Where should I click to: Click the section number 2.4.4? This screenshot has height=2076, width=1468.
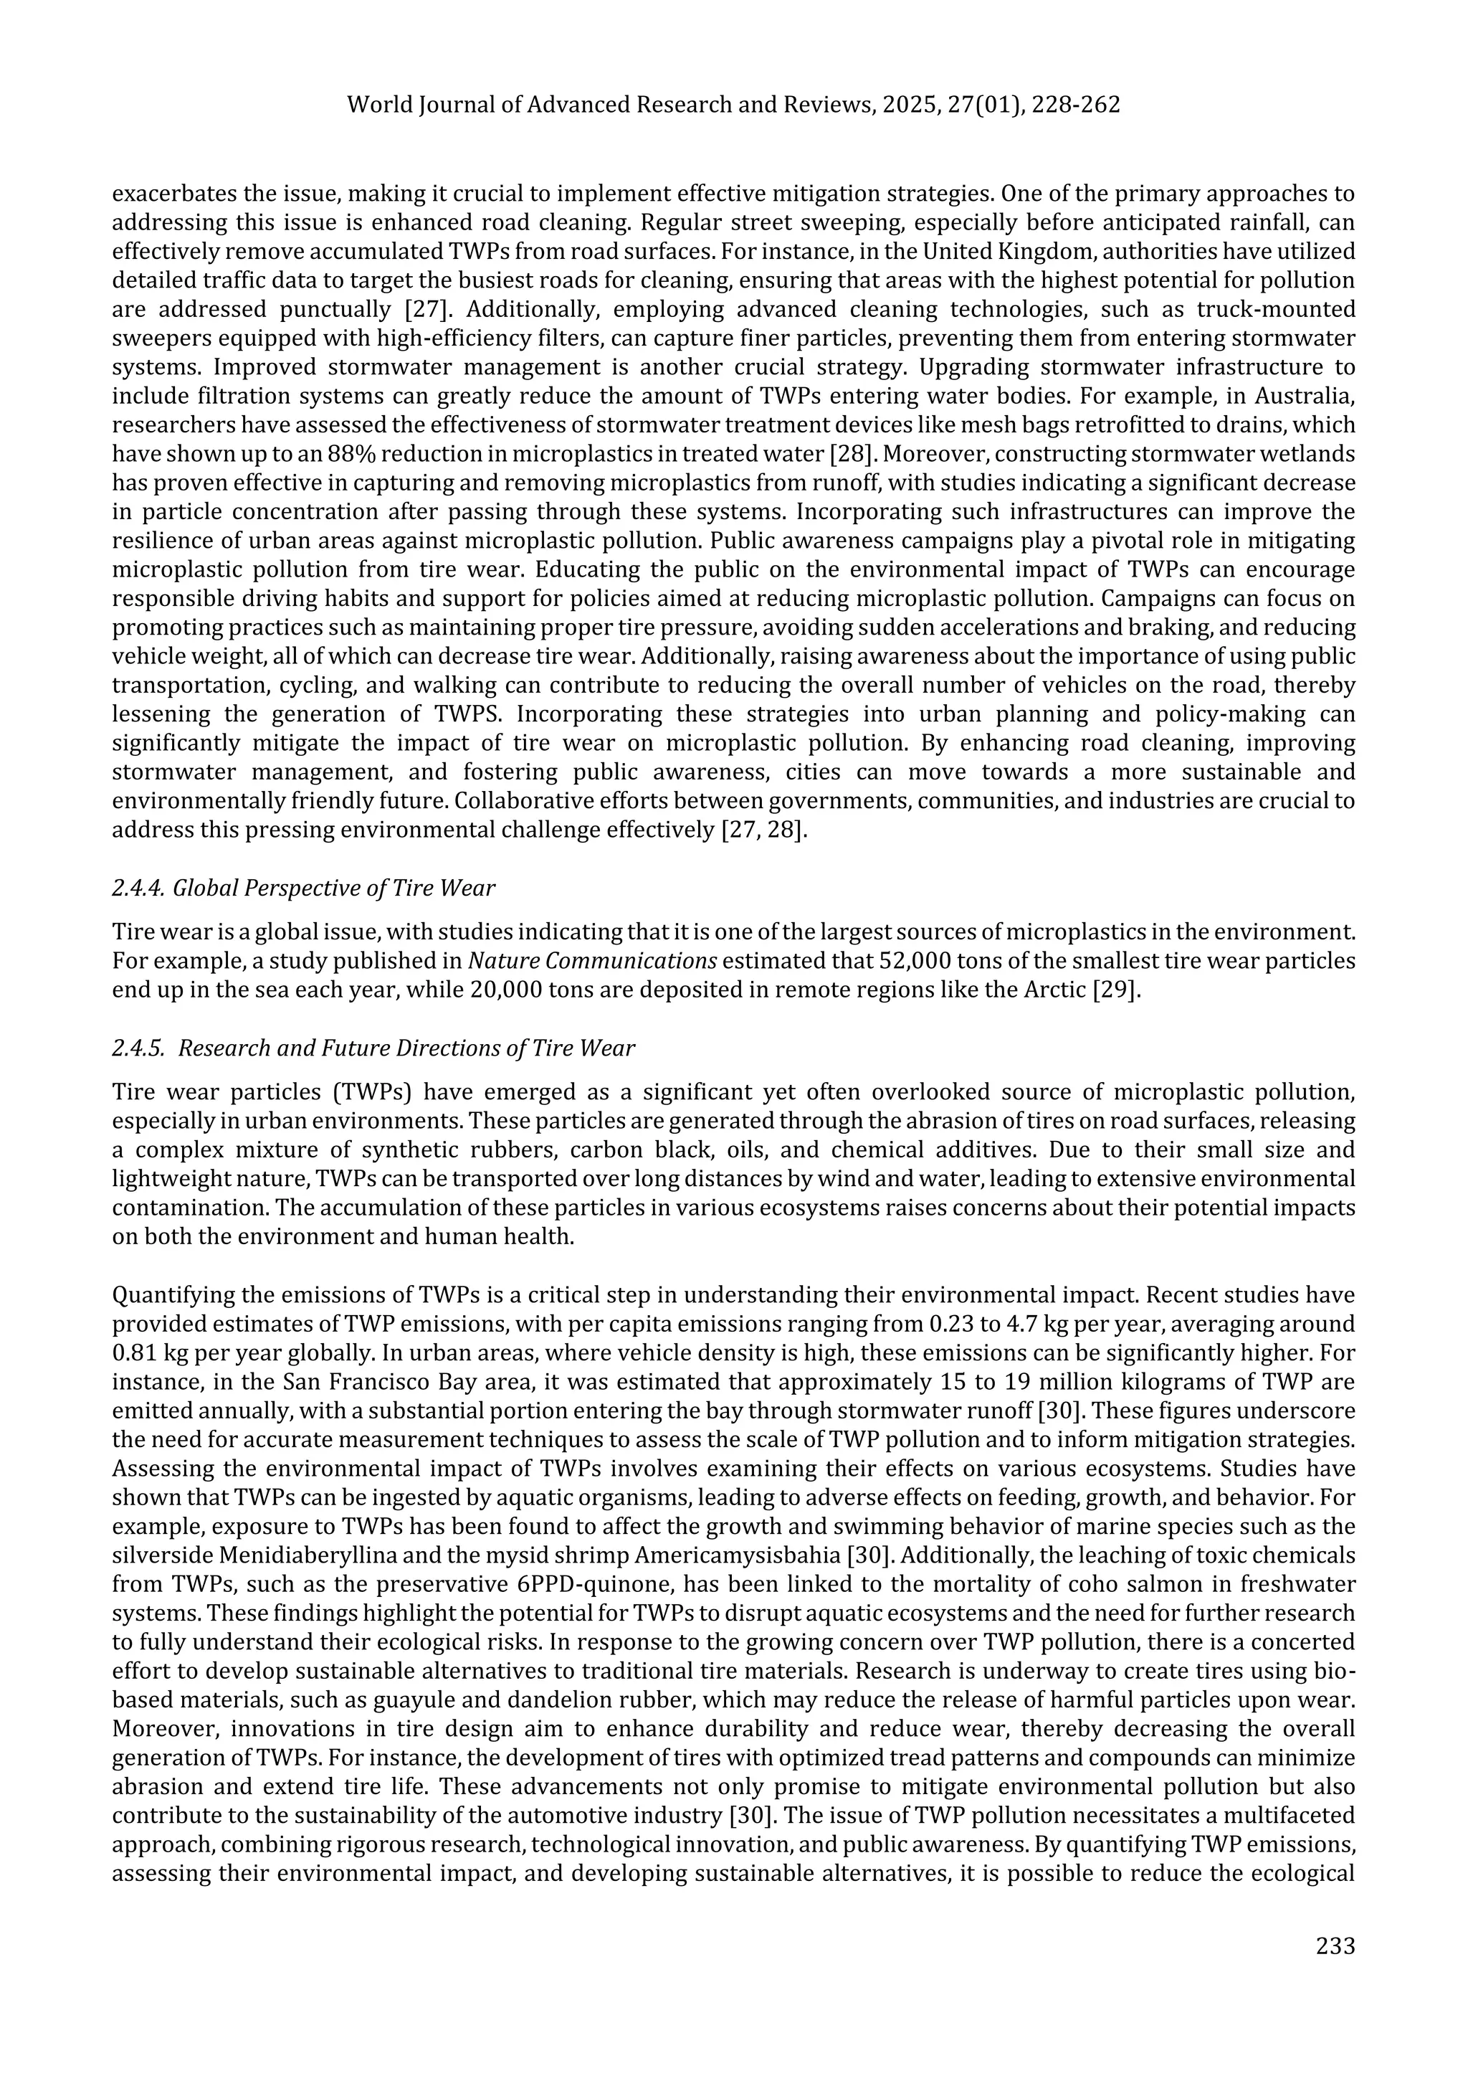(138, 888)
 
